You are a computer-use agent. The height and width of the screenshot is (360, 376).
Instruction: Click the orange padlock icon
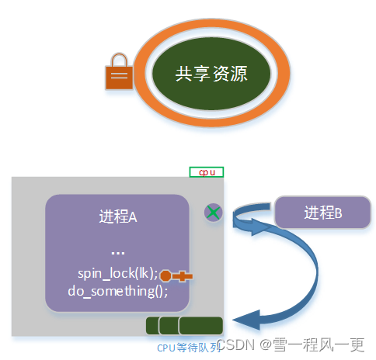[x=119, y=75]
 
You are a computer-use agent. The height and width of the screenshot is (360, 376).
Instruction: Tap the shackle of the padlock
[x=119, y=61]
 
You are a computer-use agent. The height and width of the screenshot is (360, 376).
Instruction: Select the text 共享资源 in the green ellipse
[x=211, y=74]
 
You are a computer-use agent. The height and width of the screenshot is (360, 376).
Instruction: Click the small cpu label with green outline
[x=207, y=171]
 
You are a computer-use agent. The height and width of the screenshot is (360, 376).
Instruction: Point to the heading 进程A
[x=118, y=217]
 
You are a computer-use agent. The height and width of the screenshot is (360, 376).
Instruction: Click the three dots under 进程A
[x=118, y=252]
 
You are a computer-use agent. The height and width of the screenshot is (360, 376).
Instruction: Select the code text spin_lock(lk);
[x=117, y=274]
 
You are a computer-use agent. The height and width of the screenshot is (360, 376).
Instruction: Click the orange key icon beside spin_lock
[x=176, y=275]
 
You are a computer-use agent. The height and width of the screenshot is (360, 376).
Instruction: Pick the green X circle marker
[x=214, y=212]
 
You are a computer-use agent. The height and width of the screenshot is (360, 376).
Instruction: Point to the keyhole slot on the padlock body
[x=119, y=77]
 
